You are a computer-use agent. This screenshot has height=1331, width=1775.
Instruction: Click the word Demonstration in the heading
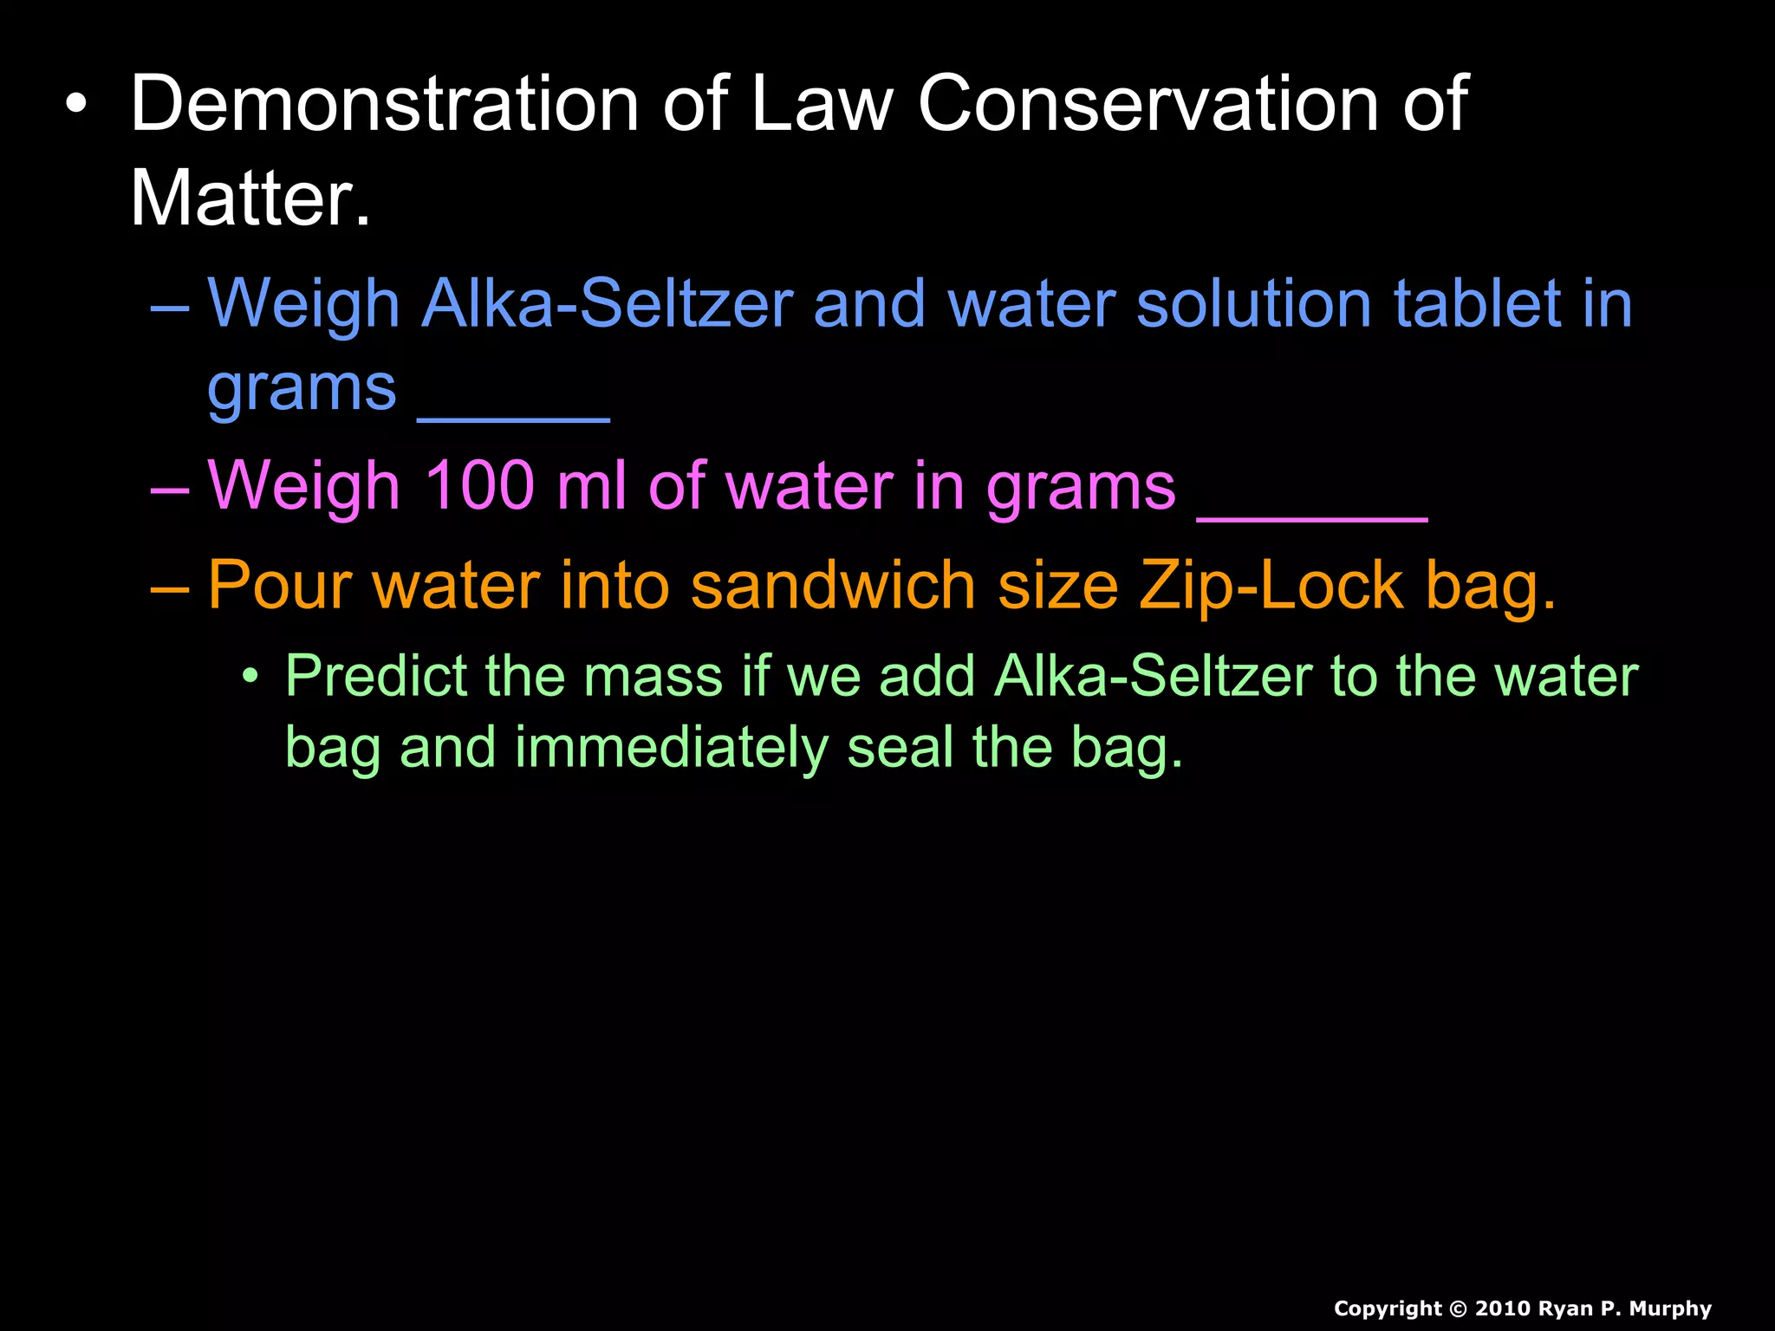[384, 104]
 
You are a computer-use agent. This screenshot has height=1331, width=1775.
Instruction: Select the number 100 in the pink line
[478, 486]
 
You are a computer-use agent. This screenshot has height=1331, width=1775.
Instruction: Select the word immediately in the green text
[671, 749]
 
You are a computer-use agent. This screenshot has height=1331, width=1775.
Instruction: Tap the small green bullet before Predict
[250, 676]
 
